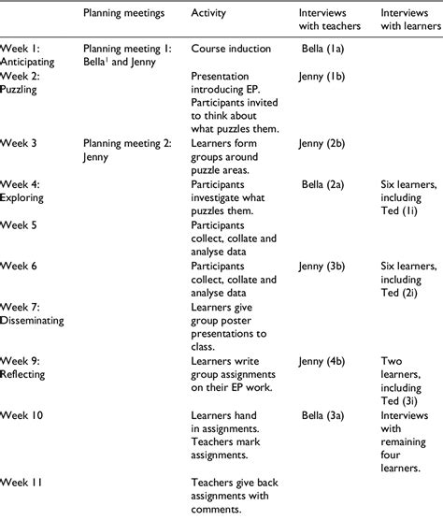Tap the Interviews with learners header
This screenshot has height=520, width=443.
(x=407, y=22)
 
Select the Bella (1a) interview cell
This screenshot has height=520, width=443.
(x=325, y=46)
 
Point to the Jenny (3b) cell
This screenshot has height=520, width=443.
(x=325, y=266)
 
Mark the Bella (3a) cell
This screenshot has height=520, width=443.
(x=325, y=413)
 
